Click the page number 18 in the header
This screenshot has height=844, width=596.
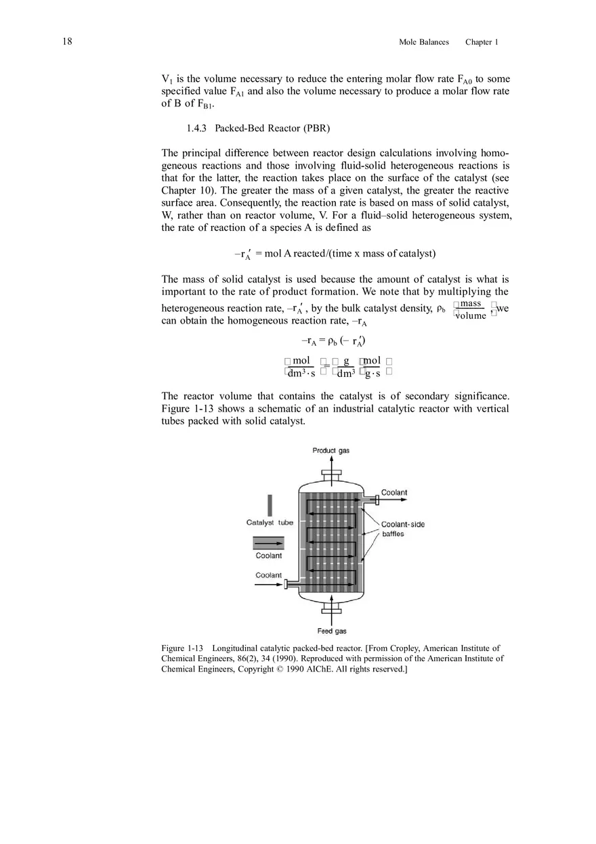[67, 42]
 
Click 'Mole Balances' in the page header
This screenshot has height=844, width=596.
[424, 42]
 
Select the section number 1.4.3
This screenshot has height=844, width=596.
[196, 128]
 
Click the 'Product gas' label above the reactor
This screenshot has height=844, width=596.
[331, 451]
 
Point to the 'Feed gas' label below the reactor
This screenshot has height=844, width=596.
[332, 631]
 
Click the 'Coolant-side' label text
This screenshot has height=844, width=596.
[403, 525]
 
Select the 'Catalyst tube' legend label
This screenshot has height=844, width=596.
[270, 523]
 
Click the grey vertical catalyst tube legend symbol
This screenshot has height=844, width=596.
[270, 506]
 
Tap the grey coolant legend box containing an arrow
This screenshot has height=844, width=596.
[269, 543]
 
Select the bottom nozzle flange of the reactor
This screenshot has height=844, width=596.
[331, 618]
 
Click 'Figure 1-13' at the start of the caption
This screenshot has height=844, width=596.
[182, 648]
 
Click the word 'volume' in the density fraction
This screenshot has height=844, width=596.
[470, 315]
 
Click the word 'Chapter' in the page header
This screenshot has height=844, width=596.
[479, 42]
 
